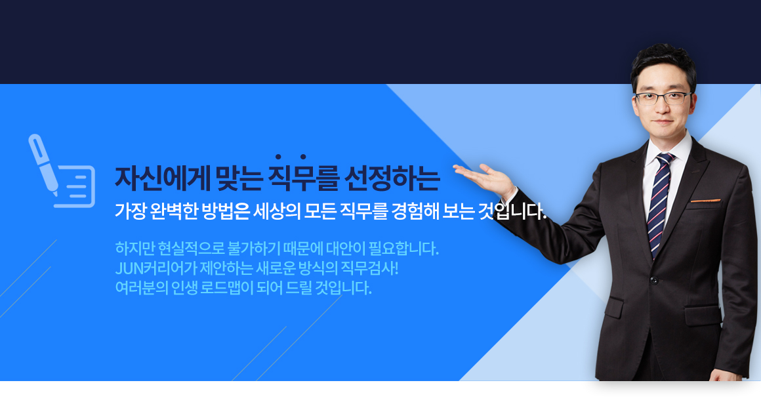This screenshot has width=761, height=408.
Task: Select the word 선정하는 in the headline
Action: (x=392, y=178)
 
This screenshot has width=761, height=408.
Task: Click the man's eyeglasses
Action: (x=663, y=98)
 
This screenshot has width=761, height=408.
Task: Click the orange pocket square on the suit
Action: (x=705, y=199)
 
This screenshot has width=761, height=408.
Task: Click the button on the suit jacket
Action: (x=654, y=280)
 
